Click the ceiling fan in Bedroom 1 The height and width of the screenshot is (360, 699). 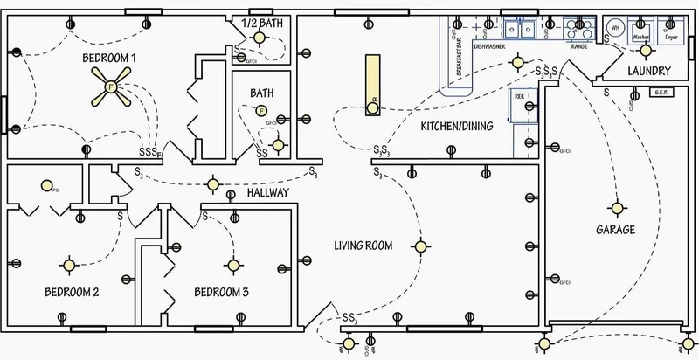[x=110, y=87]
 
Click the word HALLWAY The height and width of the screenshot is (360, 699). [x=267, y=192]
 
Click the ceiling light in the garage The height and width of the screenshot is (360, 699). [x=618, y=208]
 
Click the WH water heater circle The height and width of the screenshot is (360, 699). [x=614, y=26]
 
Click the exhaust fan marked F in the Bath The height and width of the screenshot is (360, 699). [x=260, y=110]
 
